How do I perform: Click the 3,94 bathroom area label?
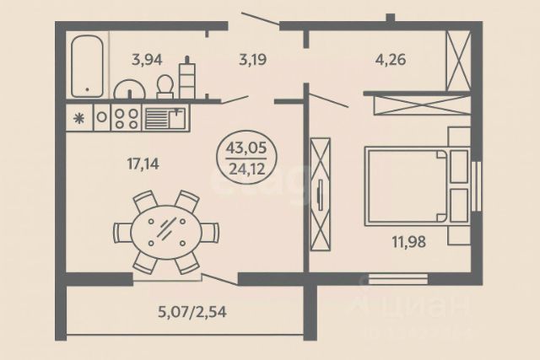[x=146, y=59]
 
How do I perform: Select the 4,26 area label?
[x=390, y=59]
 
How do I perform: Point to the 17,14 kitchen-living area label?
[x=144, y=163]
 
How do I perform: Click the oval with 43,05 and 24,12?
[x=246, y=158]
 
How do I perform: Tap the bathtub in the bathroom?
[x=87, y=66]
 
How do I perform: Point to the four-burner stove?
[x=127, y=116]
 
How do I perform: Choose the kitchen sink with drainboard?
[x=165, y=116]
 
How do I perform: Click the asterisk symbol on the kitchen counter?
[x=80, y=117]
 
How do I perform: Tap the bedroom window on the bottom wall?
[x=398, y=277]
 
